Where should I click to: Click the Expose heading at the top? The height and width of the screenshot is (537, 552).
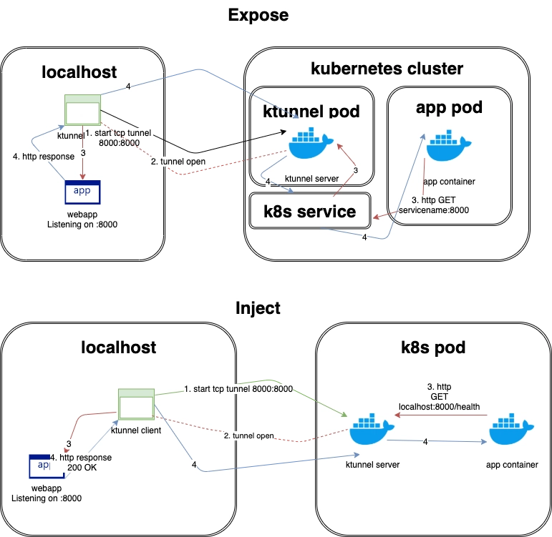click(258, 15)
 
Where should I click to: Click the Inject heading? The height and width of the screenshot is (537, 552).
click(258, 309)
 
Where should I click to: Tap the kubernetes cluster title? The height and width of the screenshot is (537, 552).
click(387, 69)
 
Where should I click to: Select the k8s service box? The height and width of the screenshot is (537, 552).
click(310, 211)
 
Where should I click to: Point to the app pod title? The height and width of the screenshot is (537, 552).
click(449, 107)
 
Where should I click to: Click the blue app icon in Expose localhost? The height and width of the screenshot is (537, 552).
click(81, 192)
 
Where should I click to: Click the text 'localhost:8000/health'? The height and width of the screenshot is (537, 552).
click(439, 405)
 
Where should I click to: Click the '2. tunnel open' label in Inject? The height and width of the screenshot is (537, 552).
click(249, 435)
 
